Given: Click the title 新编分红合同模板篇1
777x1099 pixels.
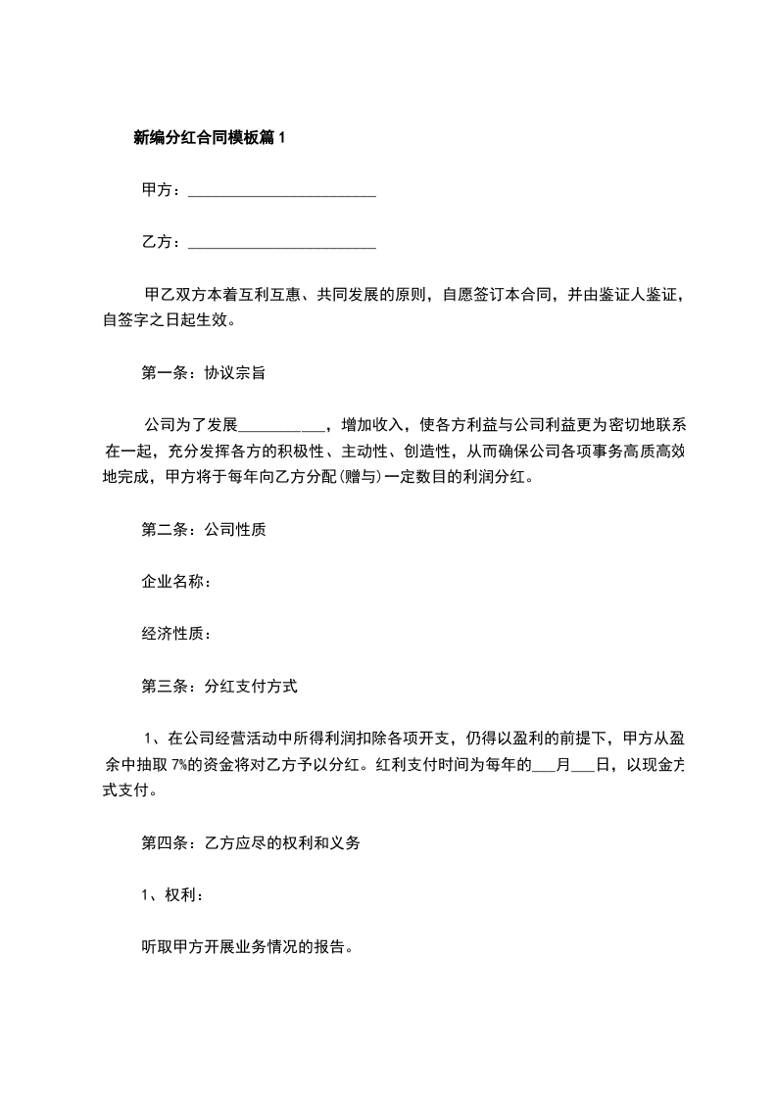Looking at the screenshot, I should click(209, 138).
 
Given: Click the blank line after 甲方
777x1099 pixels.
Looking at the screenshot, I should click(281, 192).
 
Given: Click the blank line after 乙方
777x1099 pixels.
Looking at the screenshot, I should click(281, 243).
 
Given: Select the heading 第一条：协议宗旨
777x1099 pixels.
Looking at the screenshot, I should click(205, 372).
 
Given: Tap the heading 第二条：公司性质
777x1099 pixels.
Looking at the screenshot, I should click(205, 530).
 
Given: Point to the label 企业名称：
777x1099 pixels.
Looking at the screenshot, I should click(177, 582).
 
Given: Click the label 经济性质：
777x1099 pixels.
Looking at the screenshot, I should click(177, 634).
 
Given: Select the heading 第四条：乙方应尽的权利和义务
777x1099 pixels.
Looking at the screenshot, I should click(252, 843).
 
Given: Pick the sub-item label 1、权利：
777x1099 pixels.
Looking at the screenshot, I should click(173, 895).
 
